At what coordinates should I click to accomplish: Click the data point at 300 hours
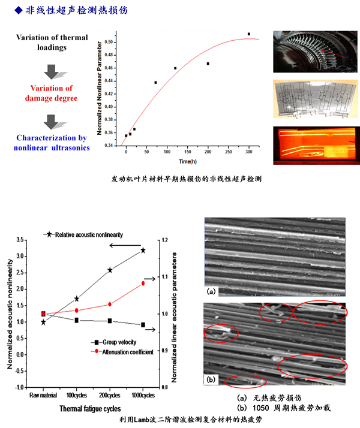click(x=249, y=34)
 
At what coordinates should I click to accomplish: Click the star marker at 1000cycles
click(x=143, y=250)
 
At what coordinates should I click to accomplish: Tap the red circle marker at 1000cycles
click(x=143, y=283)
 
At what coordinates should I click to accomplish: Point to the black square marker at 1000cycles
click(x=143, y=325)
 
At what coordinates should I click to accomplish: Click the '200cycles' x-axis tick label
click(x=110, y=396)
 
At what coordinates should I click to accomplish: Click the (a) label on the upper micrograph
click(x=211, y=293)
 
